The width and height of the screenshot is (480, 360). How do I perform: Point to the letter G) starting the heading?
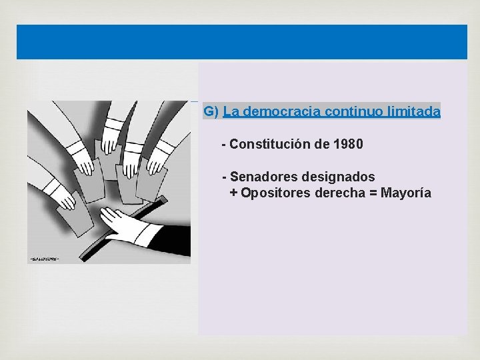pos(211,111)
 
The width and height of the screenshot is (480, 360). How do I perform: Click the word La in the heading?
pos(232,111)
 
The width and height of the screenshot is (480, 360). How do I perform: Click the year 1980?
pos(348,144)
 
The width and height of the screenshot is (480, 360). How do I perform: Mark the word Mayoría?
pos(406,193)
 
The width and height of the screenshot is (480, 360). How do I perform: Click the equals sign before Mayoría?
pos(373,193)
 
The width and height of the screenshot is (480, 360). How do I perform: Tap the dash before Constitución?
pos(224,144)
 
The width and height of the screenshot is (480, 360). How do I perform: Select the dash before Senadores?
pos(225,177)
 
